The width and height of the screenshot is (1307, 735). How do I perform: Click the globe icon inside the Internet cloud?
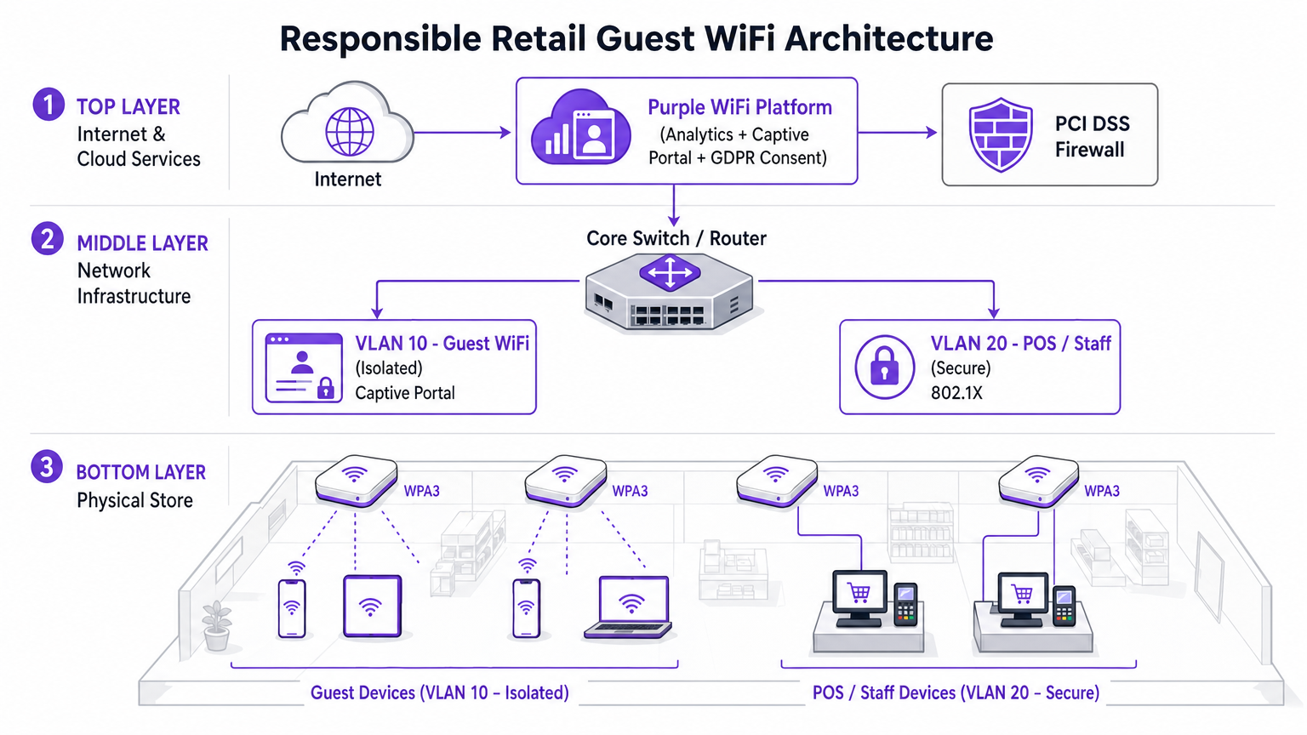(x=350, y=132)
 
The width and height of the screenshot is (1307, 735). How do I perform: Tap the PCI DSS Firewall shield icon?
(x=1001, y=134)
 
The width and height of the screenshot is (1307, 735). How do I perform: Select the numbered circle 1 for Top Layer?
(x=49, y=105)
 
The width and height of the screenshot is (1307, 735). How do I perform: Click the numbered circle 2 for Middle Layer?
(x=48, y=239)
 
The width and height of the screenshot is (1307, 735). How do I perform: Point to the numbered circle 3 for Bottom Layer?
(x=47, y=467)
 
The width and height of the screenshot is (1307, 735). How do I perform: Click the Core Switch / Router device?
(x=670, y=293)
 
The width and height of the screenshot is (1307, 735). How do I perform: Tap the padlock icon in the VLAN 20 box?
(x=884, y=367)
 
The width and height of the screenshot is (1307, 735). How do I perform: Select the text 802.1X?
(x=956, y=393)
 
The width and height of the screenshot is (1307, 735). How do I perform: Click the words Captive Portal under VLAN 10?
(x=405, y=393)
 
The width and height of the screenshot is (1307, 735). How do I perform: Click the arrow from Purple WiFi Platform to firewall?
(x=897, y=133)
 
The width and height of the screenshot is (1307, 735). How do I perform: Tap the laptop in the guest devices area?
(x=629, y=607)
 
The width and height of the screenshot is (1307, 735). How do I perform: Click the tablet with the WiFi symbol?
(x=371, y=607)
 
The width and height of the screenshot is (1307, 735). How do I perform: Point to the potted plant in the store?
(x=217, y=625)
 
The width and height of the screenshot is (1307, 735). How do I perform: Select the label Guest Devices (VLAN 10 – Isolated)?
(x=439, y=692)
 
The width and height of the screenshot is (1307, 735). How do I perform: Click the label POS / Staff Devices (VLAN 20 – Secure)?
(x=956, y=692)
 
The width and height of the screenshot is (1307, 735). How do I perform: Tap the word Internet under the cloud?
(x=347, y=179)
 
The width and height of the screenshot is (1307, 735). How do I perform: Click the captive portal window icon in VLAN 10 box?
(x=304, y=367)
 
